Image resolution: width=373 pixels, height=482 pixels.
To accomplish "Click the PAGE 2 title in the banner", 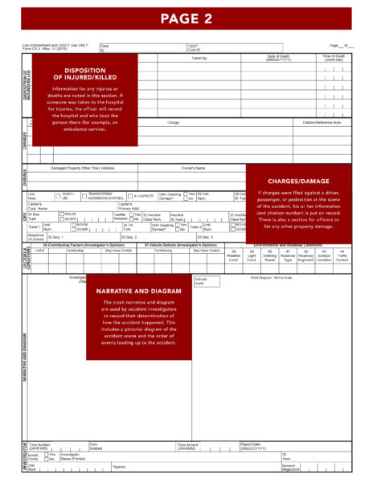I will [186, 17].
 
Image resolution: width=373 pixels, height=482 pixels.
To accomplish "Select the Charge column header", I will [174, 122].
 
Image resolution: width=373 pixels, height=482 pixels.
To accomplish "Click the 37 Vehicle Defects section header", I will [183, 245].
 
